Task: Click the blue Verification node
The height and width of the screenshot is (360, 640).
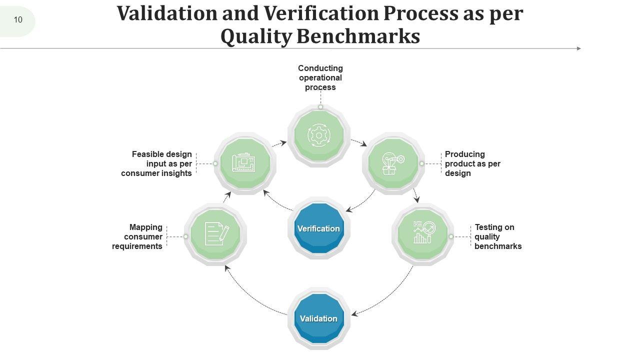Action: (x=318, y=228)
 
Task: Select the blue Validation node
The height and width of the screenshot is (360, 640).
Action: (x=318, y=318)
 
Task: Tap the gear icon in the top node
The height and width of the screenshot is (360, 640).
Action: (x=318, y=135)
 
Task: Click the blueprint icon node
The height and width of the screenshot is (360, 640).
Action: (x=244, y=163)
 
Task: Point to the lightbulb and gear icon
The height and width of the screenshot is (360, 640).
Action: (x=393, y=163)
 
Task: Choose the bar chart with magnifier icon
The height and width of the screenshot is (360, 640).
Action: (x=423, y=233)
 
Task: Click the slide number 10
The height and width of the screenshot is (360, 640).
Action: (x=18, y=20)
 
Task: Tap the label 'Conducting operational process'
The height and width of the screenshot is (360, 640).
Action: (x=320, y=77)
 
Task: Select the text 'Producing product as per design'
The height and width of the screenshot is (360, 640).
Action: (x=472, y=163)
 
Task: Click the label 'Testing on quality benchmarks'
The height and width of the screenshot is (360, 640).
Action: (x=497, y=236)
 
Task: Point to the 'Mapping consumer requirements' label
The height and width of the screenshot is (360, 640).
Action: (x=137, y=236)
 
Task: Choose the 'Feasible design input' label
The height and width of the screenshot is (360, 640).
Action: (x=157, y=163)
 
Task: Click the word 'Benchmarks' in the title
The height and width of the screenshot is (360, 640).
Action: (x=358, y=36)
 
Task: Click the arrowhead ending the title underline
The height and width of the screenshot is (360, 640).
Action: (x=579, y=48)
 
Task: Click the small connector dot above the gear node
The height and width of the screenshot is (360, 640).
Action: (x=320, y=106)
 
